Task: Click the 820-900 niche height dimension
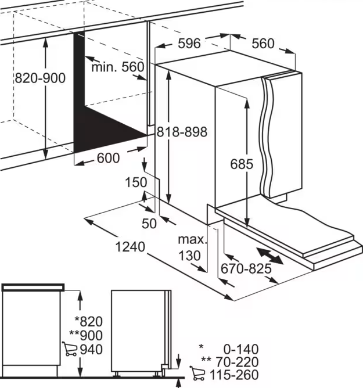[40, 78]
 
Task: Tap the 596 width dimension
[189, 44]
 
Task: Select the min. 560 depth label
[118, 67]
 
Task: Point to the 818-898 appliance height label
[182, 132]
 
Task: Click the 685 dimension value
[242, 164]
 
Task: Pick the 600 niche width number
[109, 158]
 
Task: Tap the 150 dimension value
[136, 182]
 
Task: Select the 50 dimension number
[149, 224]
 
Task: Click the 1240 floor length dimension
[130, 247]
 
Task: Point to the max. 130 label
[192, 247]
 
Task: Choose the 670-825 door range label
[246, 268]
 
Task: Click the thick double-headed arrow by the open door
[269, 256]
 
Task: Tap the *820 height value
[89, 321]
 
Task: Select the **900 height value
[86, 335]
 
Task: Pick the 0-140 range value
[241, 349]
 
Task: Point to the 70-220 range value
[238, 362]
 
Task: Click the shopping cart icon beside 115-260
[197, 373]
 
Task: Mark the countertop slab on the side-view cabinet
[33, 288]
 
